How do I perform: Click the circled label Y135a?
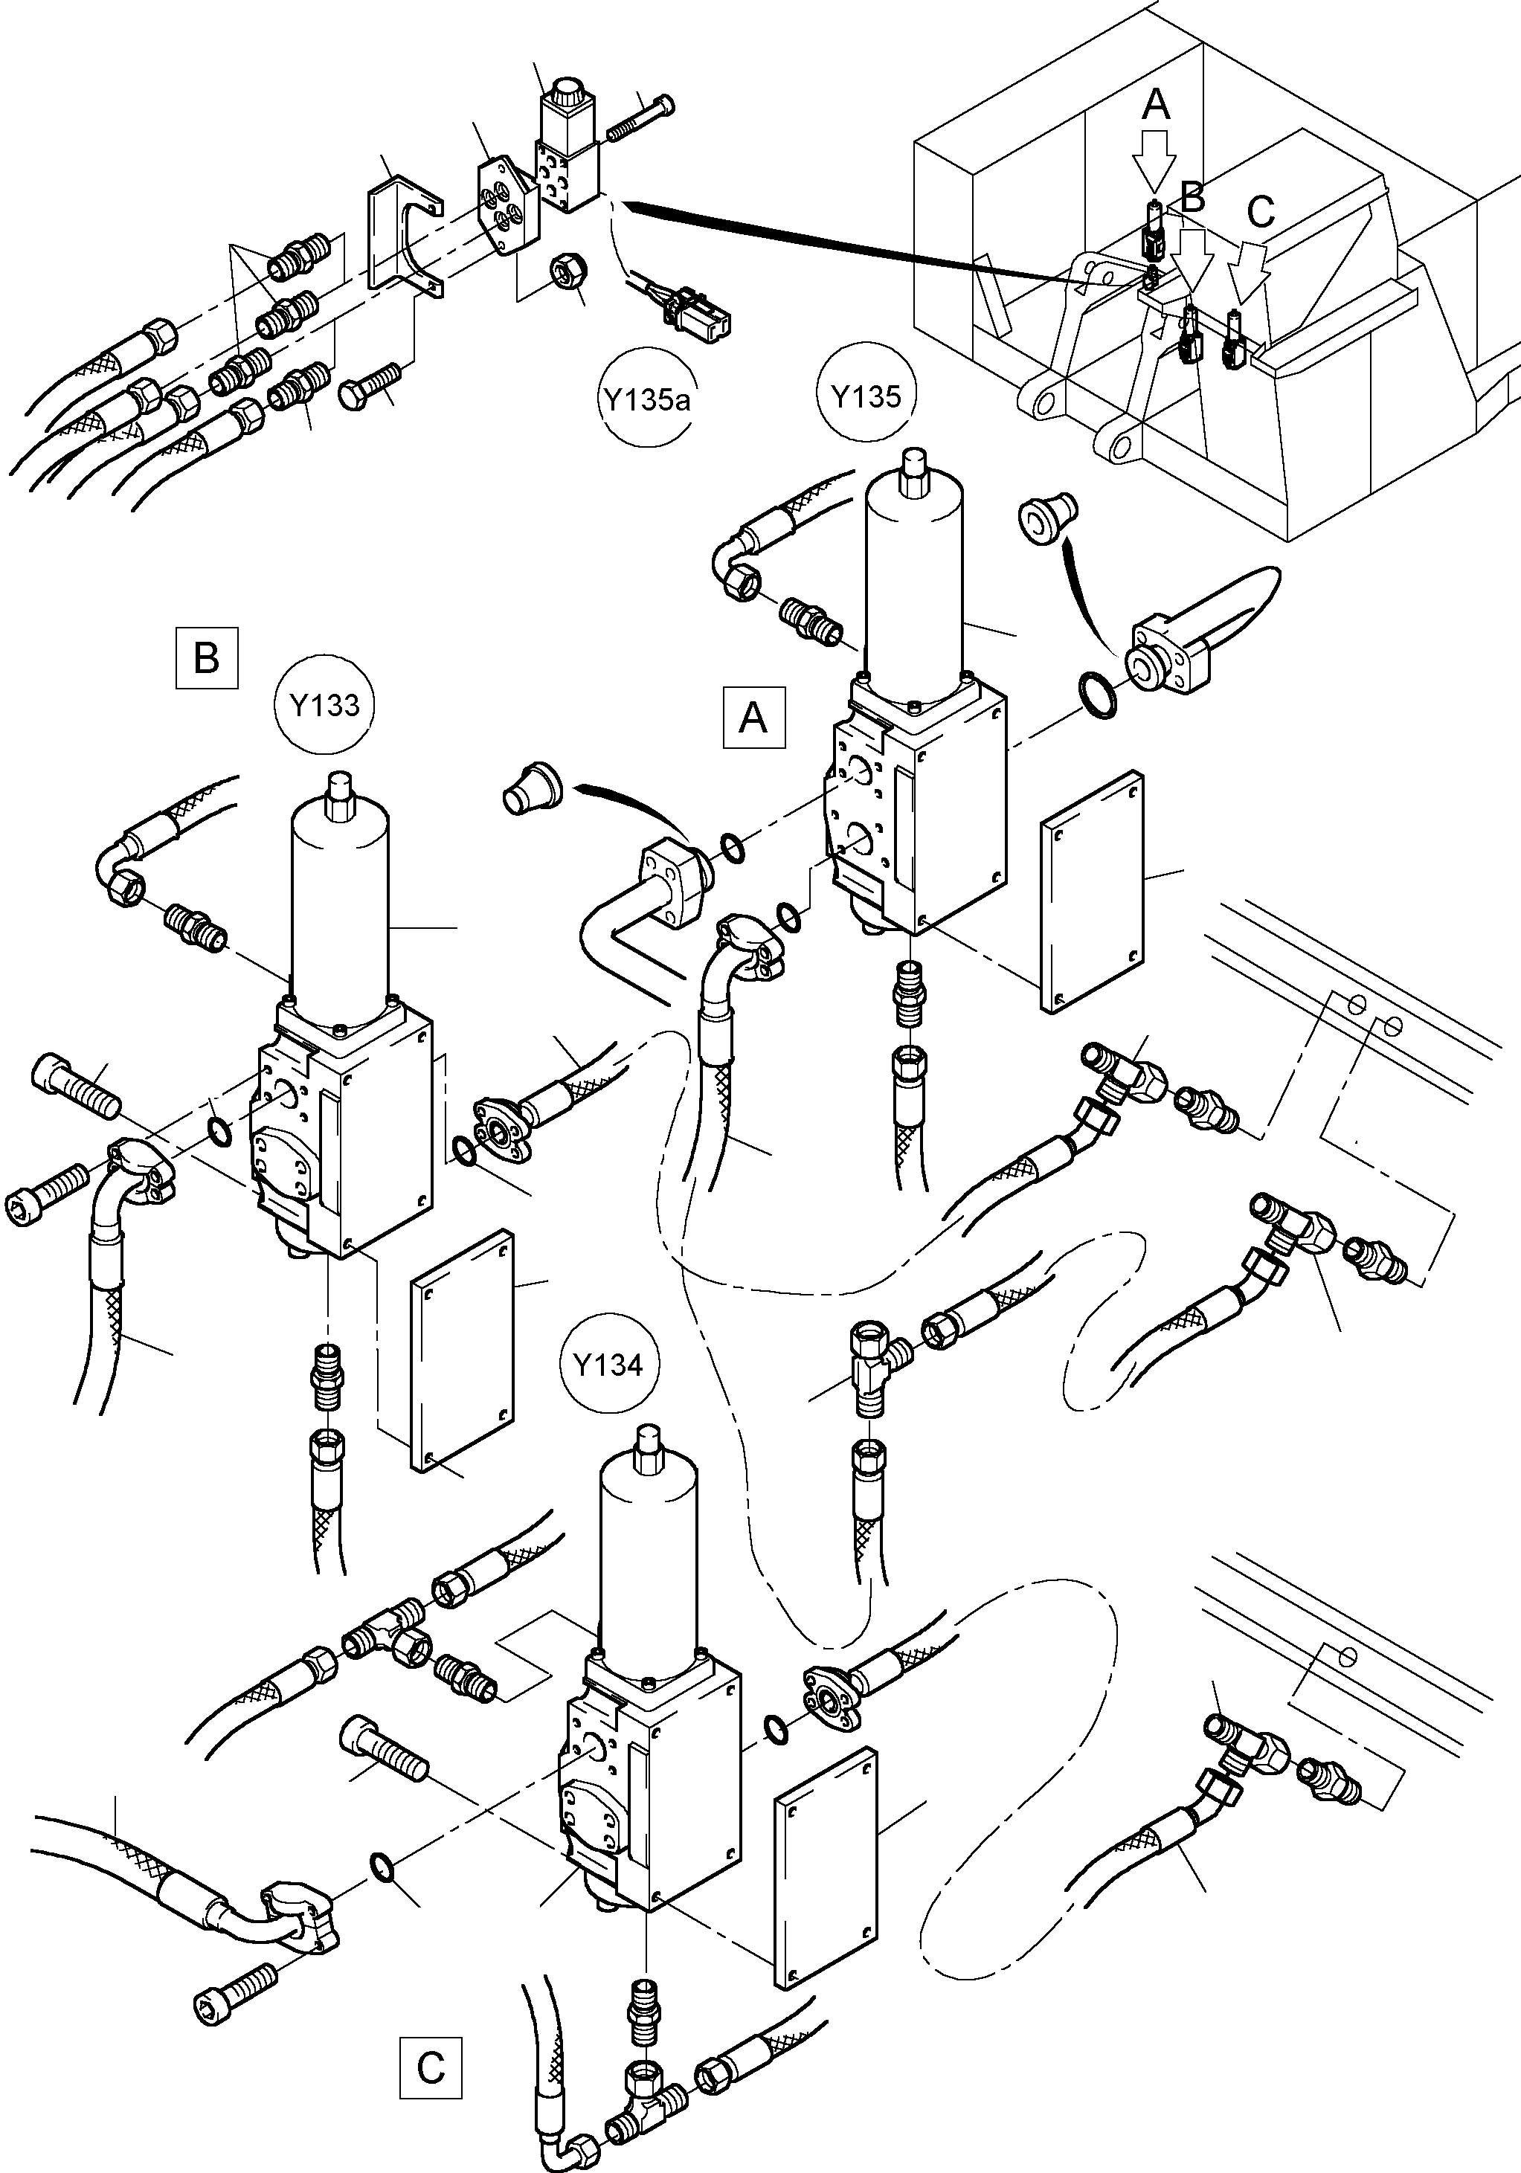[x=646, y=399]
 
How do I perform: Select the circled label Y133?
[x=324, y=705]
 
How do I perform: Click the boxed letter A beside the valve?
[x=753, y=718]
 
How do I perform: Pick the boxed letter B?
[x=206, y=657]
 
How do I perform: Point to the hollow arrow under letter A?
[x=1157, y=158]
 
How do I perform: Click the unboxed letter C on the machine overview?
[x=1260, y=212]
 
